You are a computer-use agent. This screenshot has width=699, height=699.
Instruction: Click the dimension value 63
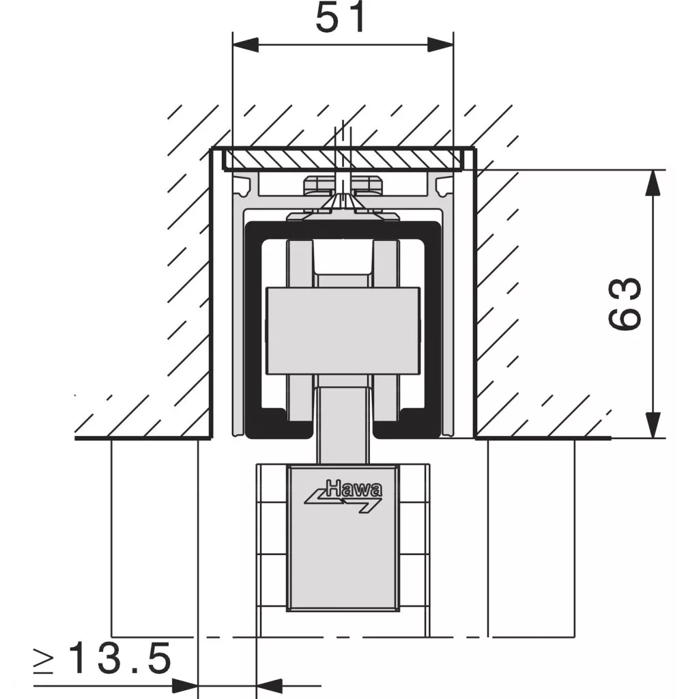click(x=625, y=304)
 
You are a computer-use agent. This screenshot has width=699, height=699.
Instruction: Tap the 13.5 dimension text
click(x=120, y=658)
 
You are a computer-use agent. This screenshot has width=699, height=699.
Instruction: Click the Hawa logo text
click(x=354, y=489)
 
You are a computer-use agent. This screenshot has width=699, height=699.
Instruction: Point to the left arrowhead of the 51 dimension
click(x=246, y=44)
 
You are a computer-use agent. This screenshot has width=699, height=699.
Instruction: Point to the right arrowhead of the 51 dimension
click(x=440, y=44)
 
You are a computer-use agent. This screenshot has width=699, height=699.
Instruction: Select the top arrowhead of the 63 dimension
click(x=653, y=183)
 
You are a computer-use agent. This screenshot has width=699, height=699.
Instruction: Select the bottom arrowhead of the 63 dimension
click(x=653, y=425)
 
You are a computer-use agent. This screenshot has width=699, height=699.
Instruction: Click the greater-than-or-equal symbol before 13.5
click(x=44, y=659)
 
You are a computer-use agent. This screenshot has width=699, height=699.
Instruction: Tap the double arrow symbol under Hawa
click(x=343, y=504)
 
